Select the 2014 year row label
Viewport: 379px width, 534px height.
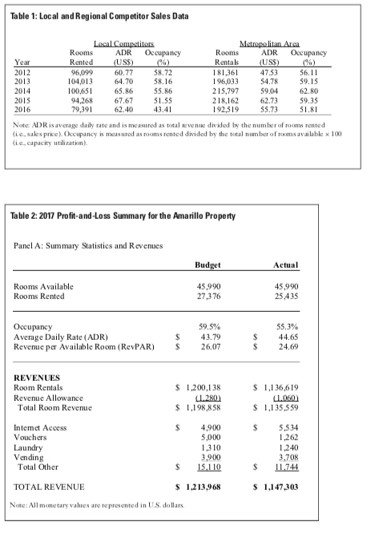[x=23, y=92]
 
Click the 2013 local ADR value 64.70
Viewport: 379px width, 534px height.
[x=123, y=82]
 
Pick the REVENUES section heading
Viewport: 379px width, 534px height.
[x=38, y=375]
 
